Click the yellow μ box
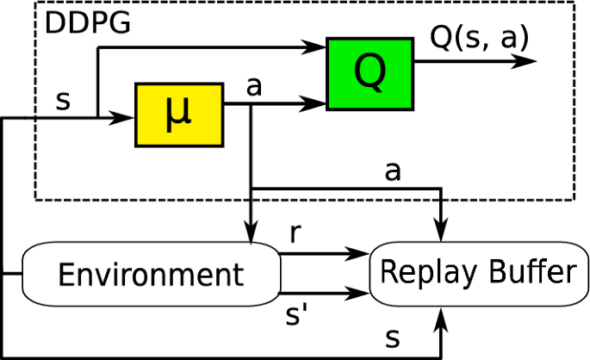point(179,114)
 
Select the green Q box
point(370,73)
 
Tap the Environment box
point(151,274)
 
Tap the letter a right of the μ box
point(253,87)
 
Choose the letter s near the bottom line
point(393,338)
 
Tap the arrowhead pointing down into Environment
point(250,234)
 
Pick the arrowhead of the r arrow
point(361,254)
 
